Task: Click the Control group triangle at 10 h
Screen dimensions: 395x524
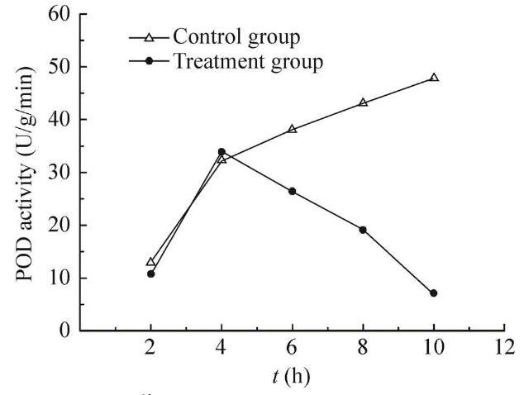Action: pyautogui.click(x=433, y=78)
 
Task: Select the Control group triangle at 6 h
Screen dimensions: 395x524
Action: pyautogui.click(x=292, y=129)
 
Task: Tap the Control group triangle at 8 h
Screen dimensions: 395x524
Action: pyautogui.click(x=362, y=102)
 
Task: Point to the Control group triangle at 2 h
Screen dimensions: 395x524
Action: pyautogui.click(x=150, y=262)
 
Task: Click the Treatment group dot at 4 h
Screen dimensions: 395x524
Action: pyautogui.click(x=222, y=152)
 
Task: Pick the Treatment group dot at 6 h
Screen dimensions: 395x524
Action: pyautogui.click(x=292, y=191)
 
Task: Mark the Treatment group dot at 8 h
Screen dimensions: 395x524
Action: pyautogui.click(x=362, y=230)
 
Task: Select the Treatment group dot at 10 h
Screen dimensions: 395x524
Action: pyautogui.click(x=433, y=293)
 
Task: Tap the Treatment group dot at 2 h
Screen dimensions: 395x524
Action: pyautogui.click(x=150, y=274)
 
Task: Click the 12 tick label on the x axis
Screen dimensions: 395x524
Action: pyautogui.click(x=503, y=349)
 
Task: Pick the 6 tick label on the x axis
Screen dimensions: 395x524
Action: pyautogui.click(x=292, y=349)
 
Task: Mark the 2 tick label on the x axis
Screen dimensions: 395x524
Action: pyautogui.click(x=150, y=349)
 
